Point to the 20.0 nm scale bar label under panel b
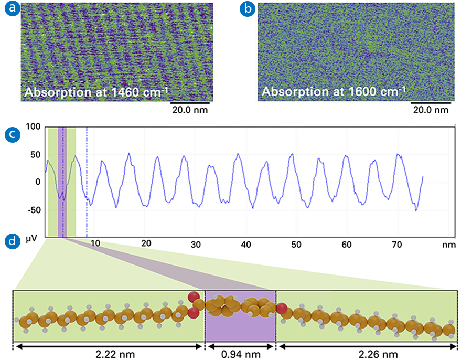(430, 110)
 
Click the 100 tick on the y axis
(33, 127)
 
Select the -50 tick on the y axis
(33, 210)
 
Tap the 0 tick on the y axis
(37, 182)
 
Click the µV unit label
(33, 239)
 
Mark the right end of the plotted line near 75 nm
(423, 177)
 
